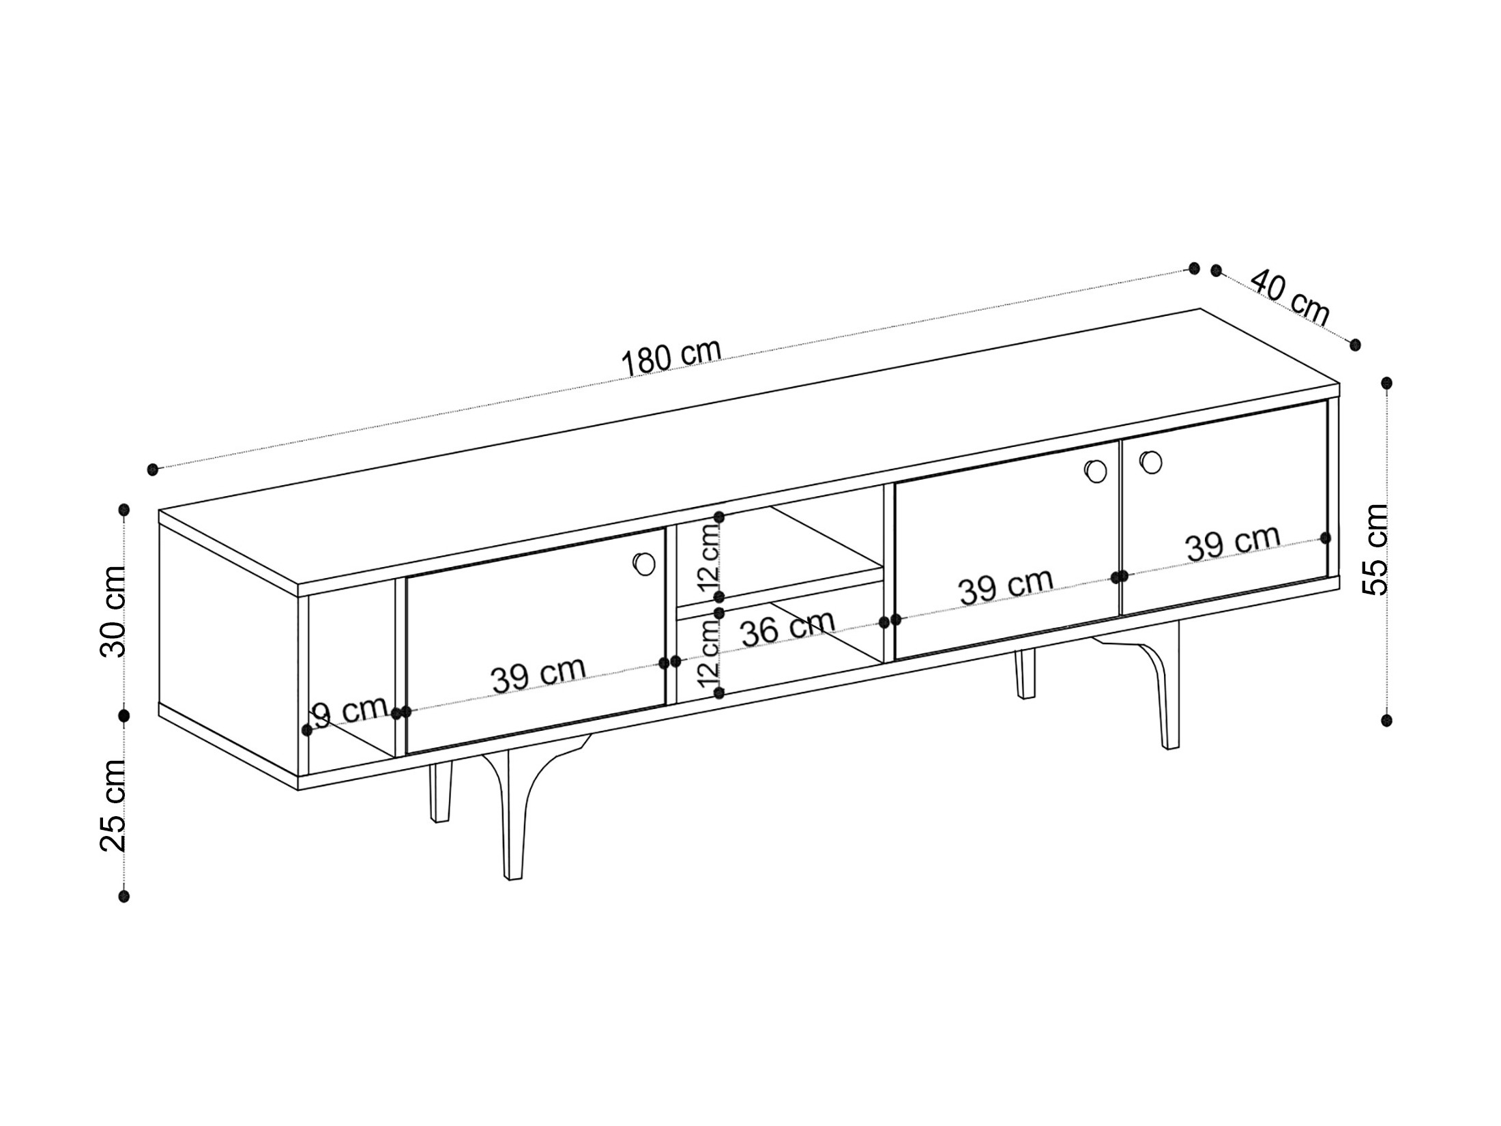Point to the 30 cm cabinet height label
click(x=113, y=611)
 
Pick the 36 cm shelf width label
click(x=788, y=628)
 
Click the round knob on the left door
click(x=644, y=564)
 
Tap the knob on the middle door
click(x=1096, y=471)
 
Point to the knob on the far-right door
click(x=1150, y=462)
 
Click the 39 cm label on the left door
click(x=538, y=674)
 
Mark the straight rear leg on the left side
click(x=440, y=792)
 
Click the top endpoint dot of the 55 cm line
click(x=1386, y=383)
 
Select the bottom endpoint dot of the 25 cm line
click(x=123, y=895)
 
